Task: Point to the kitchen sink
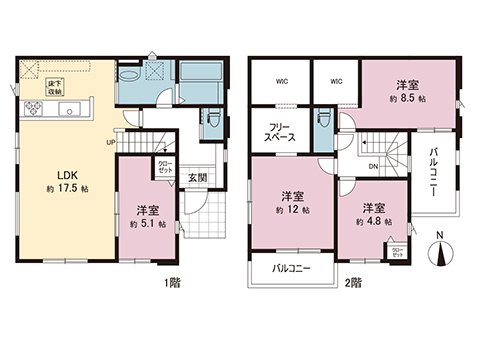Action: [67, 110]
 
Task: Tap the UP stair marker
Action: [112, 142]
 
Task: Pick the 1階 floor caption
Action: [171, 283]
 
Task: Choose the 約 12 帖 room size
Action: [292, 210]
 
